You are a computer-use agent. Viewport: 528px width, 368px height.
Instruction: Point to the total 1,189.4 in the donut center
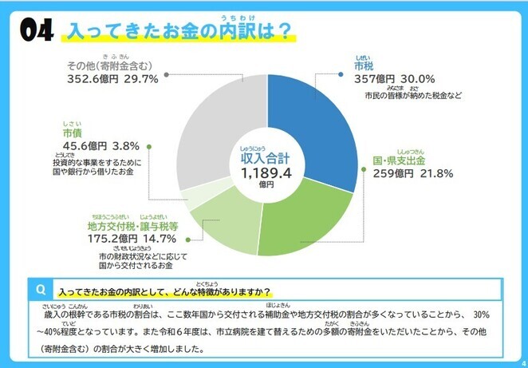[x=267, y=172]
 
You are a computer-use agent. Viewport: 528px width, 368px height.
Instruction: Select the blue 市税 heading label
[x=364, y=65]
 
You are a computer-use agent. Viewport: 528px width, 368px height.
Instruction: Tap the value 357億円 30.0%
[x=394, y=79]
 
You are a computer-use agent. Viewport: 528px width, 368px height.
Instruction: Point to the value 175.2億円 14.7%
[x=132, y=237]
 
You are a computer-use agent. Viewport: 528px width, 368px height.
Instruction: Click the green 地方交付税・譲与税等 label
[x=132, y=225]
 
